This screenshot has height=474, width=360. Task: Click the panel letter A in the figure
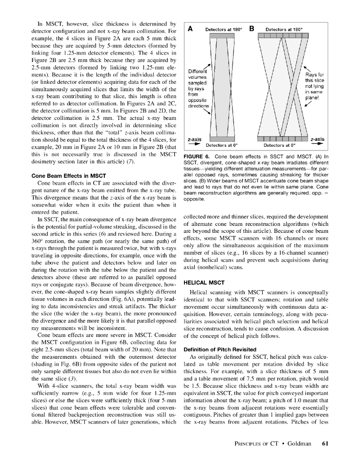(x=190, y=29)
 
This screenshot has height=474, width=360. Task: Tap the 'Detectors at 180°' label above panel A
(x=224, y=30)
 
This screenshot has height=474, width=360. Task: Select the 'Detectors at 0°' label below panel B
(x=280, y=145)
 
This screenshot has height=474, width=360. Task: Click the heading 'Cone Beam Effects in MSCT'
(x=69, y=176)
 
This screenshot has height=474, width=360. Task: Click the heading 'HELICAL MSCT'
(x=204, y=282)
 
